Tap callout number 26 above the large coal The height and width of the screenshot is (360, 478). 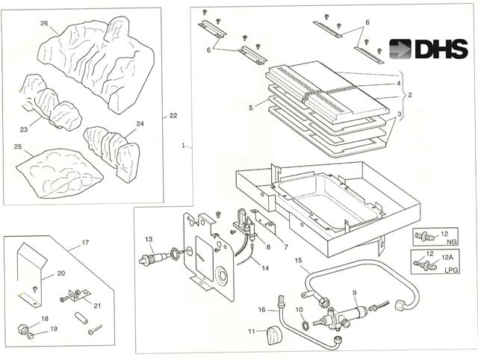click(45, 23)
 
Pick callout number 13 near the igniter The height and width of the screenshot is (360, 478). click(149, 239)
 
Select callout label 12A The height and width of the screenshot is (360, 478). click(447, 256)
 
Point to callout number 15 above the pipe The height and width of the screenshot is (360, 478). click(299, 261)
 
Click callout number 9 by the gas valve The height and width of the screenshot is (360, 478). click(354, 292)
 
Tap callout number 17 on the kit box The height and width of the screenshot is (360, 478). click(86, 242)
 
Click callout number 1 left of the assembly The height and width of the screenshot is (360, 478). click(182, 145)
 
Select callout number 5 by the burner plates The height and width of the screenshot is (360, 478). click(251, 107)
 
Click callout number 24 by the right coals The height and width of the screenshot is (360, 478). click(140, 124)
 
